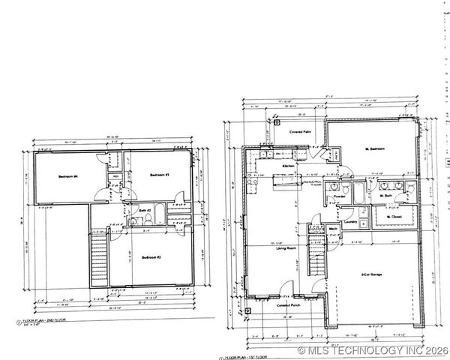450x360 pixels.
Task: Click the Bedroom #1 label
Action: (157, 175)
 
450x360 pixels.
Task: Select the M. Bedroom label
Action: (375, 149)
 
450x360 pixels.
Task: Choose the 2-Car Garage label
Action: (372, 274)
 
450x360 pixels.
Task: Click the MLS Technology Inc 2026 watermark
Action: (373, 350)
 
